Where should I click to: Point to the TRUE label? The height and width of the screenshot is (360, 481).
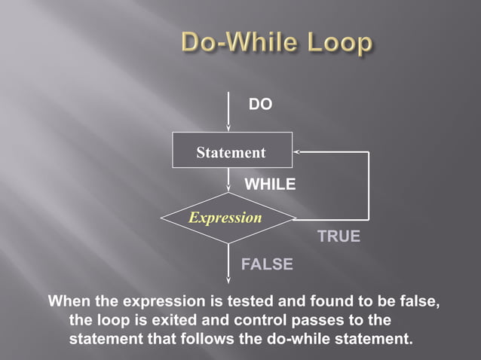coord(339,236)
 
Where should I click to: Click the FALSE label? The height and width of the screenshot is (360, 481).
coord(267,264)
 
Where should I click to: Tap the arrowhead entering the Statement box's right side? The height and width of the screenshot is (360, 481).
coord(296,151)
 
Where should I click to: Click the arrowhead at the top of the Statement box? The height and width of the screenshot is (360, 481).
coord(228,129)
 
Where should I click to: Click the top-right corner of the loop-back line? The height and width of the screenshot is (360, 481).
coord(369,151)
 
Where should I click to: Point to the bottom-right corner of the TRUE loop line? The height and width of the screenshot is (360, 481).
coord(369,219)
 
